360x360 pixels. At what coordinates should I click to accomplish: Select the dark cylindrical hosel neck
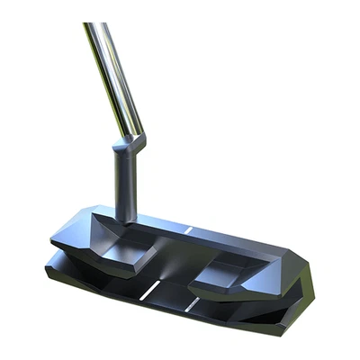pyautogui.click(x=127, y=180)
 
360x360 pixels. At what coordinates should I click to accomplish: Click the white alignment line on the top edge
pyautogui.click(x=189, y=231)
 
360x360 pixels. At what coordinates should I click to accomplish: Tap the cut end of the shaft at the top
pyautogui.click(x=90, y=25)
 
